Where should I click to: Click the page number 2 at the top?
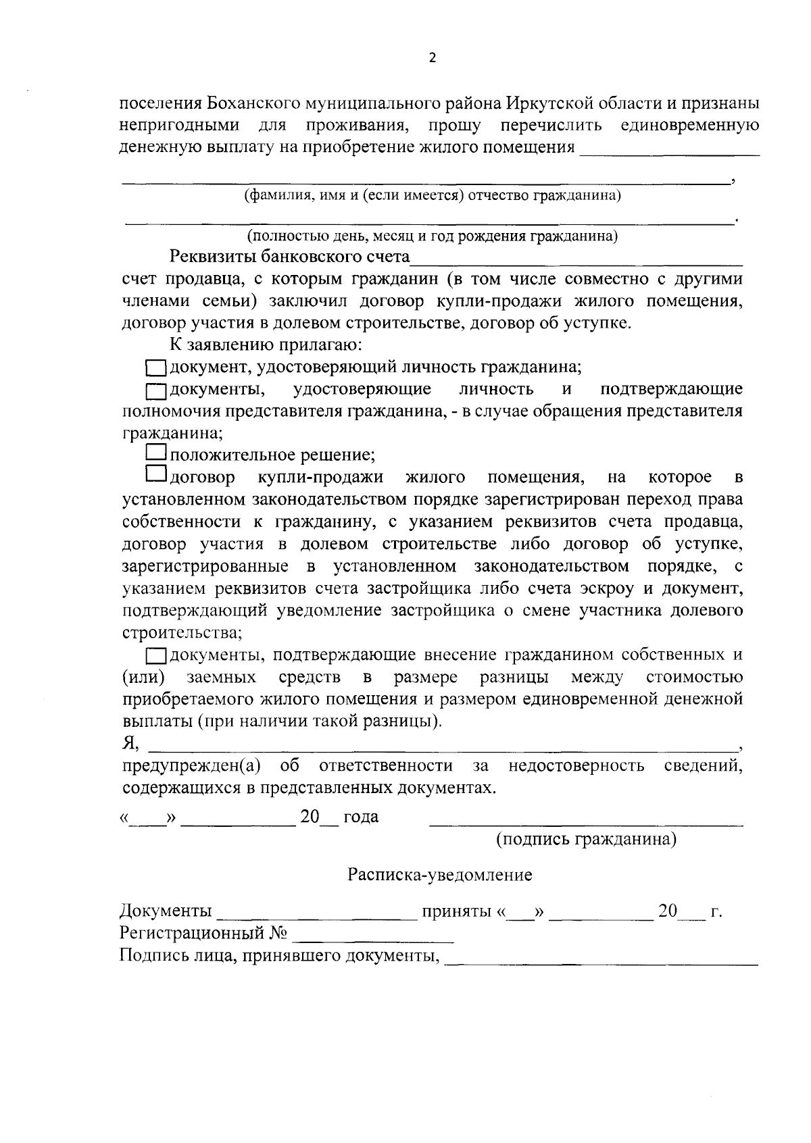433,58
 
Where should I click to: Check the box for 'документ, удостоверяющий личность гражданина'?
157,368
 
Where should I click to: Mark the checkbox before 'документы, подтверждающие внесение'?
157,656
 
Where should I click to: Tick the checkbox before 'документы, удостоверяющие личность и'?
157,390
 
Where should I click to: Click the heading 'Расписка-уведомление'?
439,875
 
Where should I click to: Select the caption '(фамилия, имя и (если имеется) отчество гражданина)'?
433,196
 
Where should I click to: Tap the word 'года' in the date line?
361,817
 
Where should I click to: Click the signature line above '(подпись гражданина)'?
586,824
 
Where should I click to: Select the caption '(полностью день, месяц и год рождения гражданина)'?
433,236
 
